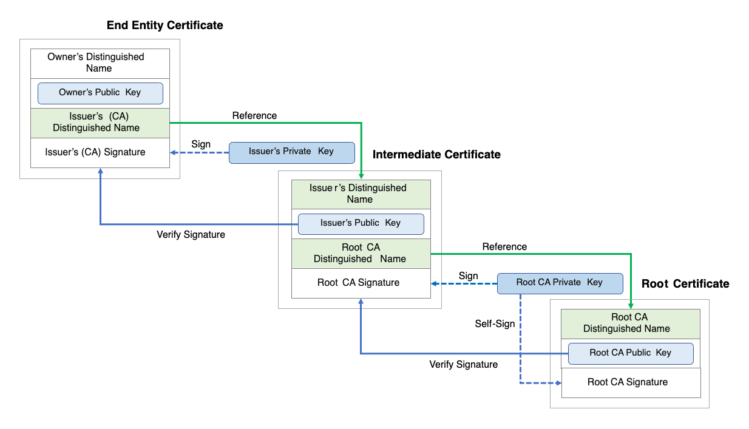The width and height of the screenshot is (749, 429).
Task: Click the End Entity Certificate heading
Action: point(164,25)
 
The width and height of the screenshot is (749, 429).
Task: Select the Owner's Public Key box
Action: point(100,93)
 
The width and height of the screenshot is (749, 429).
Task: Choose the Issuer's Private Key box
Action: point(291,152)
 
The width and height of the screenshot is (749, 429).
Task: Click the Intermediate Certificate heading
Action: point(436,155)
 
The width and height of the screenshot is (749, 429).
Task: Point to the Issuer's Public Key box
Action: point(361,223)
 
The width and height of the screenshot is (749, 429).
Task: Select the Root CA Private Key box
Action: point(560,283)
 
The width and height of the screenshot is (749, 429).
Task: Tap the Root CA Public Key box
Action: point(630,353)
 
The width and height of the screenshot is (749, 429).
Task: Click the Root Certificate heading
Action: point(685,284)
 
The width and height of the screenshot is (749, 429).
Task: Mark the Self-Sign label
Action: point(495,324)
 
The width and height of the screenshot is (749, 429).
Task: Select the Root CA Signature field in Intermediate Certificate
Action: point(361,283)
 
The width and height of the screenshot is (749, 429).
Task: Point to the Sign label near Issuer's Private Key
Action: point(201,144)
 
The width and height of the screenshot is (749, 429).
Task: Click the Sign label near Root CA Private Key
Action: point(469,276)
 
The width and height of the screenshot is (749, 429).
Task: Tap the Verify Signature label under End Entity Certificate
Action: point(191,235)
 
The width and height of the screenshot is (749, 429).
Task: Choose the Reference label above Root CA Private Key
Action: point(504,247)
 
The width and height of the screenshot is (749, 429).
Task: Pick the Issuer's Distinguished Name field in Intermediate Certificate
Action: point(361,194)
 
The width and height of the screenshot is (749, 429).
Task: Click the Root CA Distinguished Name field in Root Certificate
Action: point(630,323)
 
